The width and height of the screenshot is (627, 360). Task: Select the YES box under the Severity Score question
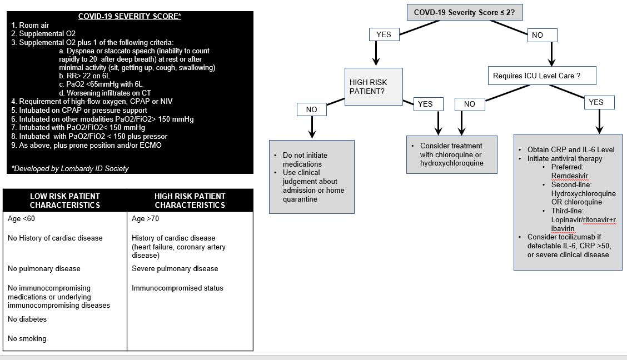point(384,34)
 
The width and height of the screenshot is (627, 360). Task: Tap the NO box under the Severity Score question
point(537,35)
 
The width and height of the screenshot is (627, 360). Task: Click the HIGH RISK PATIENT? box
point(373,86)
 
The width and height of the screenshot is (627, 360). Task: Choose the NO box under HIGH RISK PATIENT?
point(311,109)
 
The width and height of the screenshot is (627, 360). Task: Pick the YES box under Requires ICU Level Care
point(595,102)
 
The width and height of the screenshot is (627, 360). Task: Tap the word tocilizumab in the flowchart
point(579,237)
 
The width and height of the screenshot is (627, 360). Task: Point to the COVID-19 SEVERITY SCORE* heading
point(130,17)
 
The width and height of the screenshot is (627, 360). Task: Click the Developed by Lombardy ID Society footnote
point(70,168)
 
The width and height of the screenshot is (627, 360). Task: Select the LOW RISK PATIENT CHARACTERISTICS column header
point(65,201)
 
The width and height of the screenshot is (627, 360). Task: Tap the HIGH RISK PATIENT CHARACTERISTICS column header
point(190,201)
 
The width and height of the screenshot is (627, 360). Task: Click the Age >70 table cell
point(145,218)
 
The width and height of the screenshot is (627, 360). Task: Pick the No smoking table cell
point(27,338)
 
